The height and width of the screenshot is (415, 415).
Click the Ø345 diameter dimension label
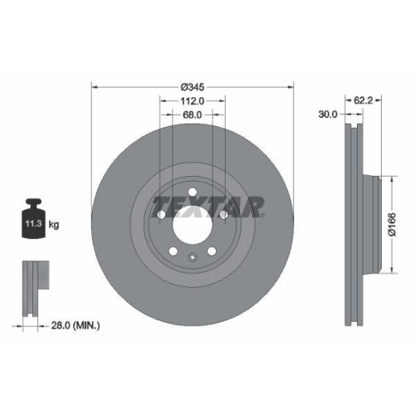coord(193,86)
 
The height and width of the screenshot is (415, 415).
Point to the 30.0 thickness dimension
coord(327,115)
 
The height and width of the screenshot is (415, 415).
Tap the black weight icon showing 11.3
coord(34,221)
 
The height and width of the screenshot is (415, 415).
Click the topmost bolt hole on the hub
coord(192,193)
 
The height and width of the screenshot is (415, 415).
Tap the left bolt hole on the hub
coord(159,216)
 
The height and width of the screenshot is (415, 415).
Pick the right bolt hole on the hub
coord(224,216)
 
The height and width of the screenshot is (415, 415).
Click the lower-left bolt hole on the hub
coord(172,252)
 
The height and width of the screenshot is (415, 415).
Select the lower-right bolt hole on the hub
coord(212,252)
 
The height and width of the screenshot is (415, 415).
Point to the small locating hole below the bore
coord(192,257)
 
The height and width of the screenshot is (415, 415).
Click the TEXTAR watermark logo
coord(207,204)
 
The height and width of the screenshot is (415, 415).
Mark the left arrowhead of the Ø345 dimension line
coord(93,86)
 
